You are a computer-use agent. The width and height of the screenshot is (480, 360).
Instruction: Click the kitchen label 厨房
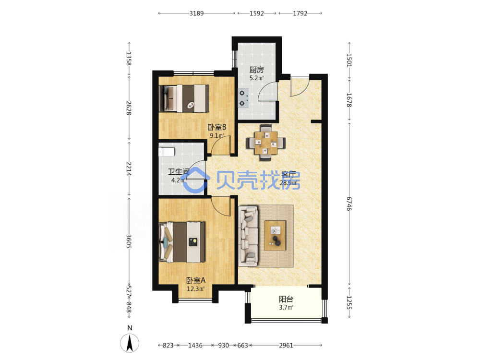tap(256, 70)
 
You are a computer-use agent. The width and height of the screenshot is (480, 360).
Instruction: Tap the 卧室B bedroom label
tap(217, 127)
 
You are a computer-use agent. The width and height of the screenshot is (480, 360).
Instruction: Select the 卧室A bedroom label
tap(196, 280)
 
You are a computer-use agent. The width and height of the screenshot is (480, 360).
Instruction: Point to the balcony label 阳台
tap(286, 299)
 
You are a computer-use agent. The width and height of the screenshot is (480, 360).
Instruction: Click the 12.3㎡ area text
tap(196, 288)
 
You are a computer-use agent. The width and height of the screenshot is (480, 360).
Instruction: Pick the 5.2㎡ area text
tap(256, 78)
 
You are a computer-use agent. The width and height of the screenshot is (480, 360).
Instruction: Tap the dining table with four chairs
tap(266, 143)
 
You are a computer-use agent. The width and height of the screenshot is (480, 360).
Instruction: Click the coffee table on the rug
tap(275, 235)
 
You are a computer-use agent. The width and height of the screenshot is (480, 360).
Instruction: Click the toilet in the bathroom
tap(167, 152)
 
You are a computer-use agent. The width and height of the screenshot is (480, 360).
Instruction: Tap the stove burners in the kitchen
tap(243, 98)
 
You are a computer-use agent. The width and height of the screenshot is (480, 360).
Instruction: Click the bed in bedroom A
tap(182, 242)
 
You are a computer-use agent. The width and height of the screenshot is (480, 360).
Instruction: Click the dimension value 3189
tap(196, 13)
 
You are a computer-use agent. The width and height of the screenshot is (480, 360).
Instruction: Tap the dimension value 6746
tap(349, 204)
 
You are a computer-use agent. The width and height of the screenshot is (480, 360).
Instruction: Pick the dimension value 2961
tap(286, 345)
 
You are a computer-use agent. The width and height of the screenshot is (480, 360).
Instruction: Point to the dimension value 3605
tap(129, 241)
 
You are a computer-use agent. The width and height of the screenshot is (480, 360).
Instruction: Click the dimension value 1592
tap(256, 13)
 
